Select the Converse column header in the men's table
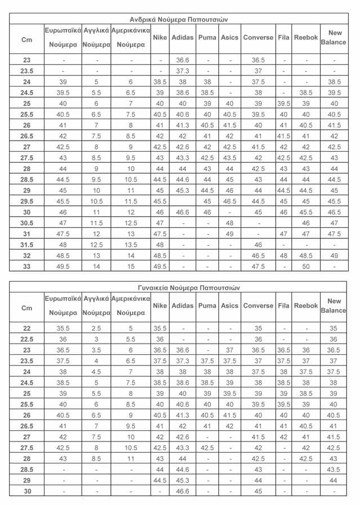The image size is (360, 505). click(x=258, y=38)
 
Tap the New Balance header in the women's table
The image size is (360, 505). click(x=334, y=306)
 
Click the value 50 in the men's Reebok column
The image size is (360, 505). click(x=307, y=267)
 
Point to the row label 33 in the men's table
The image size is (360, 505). click(x=27, y=267)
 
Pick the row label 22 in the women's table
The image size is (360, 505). click(x=27, y=328)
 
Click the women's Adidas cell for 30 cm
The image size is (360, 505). click(x=182, y=492)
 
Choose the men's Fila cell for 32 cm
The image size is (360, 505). click(x=283, y=256)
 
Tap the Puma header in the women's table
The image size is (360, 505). click(x=208, y=306)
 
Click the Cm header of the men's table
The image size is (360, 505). click(x=27, y=40)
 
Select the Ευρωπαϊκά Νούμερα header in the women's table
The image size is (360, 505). click(x=63, y=306)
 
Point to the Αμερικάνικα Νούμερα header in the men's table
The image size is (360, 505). click(x=130, y=37)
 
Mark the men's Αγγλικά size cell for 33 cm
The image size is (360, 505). click(x=97, y=267)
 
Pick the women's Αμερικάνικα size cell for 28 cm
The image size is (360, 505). click(x=130, y=458)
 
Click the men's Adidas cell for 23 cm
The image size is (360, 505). click(x=182, y=60)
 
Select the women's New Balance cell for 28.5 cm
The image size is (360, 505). click(x=334, y=470)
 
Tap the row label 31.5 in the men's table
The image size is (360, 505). click(x=27, y=245)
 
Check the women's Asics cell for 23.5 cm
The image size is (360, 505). click(x=229, y=360)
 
